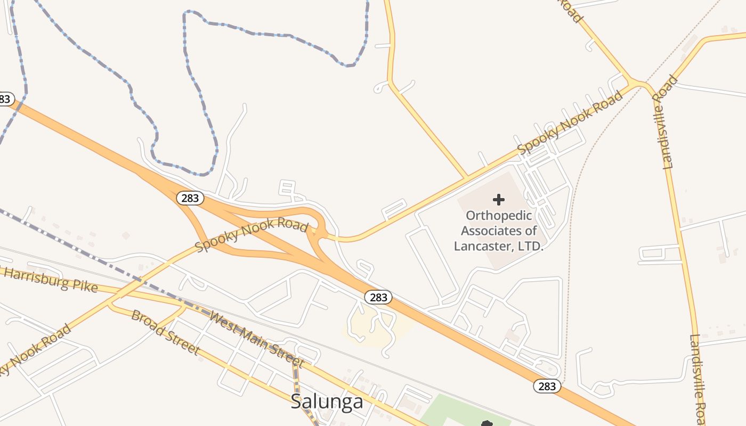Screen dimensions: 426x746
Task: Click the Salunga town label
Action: pyautogui.click(x=327, y=402)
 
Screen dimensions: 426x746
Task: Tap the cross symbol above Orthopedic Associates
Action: pyautogui.click(x=499, y=200)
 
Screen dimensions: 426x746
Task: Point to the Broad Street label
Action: pyautogui.click(x=165, y=333)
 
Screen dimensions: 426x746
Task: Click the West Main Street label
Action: pyautogui.click(x=257, y=340)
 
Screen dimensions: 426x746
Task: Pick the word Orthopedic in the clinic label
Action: pyautogui.click(x=499, y=216)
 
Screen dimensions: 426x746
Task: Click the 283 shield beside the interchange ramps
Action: pyautogui.click(x=190, y=198)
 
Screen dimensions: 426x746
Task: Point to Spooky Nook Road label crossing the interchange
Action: pyautogui.click(x=252, y=235)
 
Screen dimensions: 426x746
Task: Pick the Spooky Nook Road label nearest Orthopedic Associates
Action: pyautogui.click(x=570, y=123)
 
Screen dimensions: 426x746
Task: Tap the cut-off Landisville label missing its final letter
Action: pyautogui.click(x=698, y=379)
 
